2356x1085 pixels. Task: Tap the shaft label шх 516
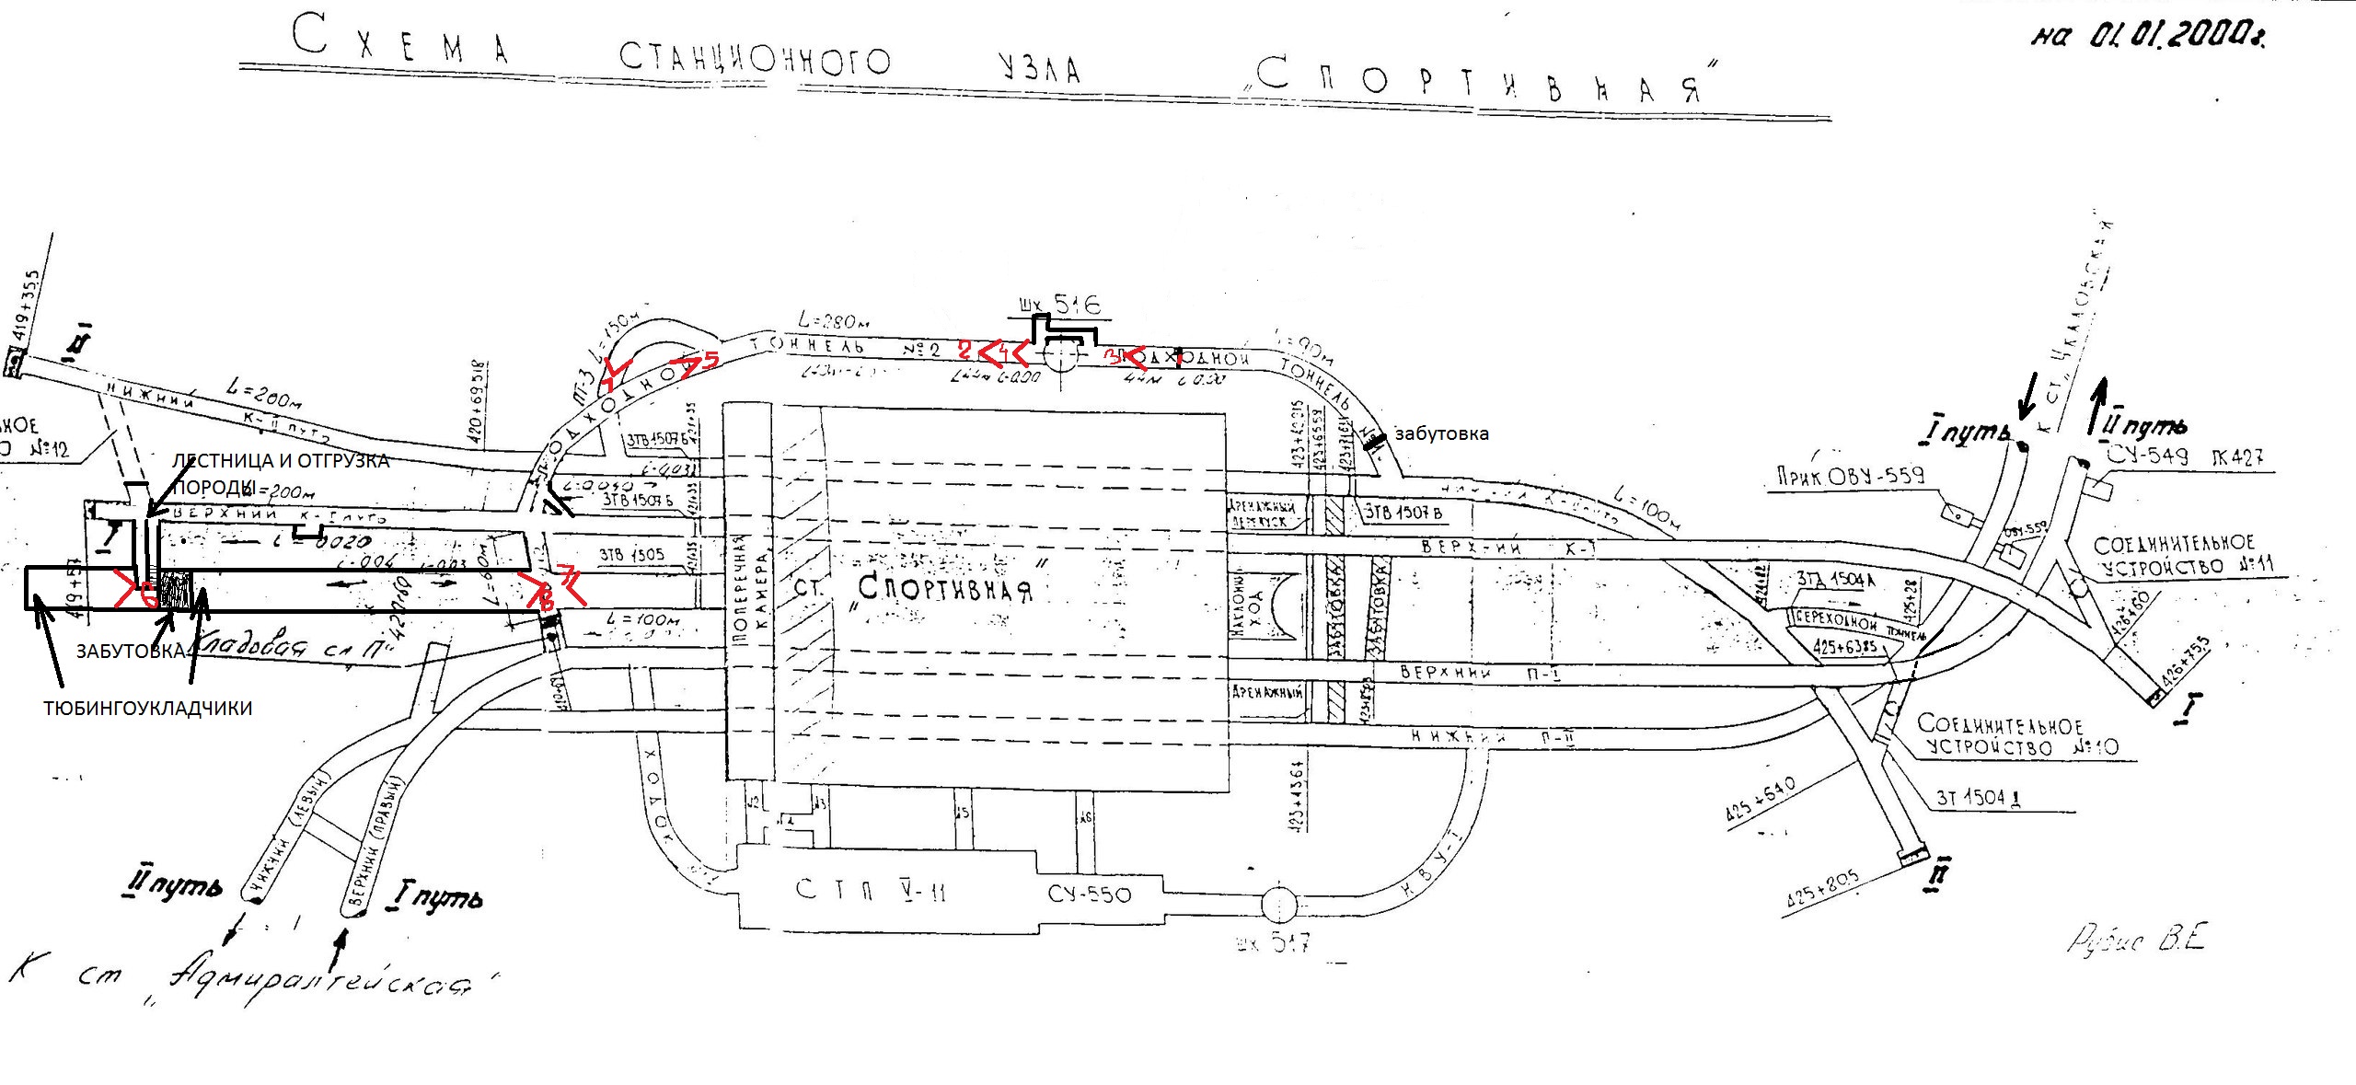pos(1058,305)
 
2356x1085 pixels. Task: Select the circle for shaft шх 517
pos(1279,906)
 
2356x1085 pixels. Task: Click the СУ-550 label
pos(1090,894)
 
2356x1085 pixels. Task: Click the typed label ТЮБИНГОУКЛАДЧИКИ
pos(148,709)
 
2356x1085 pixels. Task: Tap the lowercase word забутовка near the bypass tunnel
pos(1441,434)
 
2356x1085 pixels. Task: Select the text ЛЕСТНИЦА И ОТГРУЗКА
pos(281,460)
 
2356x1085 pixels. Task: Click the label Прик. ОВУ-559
pos(1850,476)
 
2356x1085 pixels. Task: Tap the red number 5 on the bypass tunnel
pos(710,360)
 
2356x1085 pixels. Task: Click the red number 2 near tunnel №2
pos(964,350)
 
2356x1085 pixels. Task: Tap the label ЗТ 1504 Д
pos(1979,797)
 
